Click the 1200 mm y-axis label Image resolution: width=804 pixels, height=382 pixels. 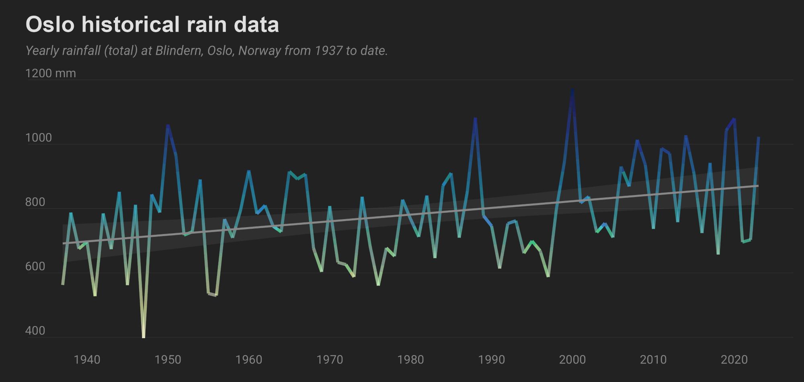(50, 73)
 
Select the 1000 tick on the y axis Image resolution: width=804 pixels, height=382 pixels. (39, 138)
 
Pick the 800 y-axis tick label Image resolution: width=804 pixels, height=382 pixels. (35, 202)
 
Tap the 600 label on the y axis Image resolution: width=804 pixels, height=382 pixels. (35, 267)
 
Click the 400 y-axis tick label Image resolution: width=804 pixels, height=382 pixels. (35, 331)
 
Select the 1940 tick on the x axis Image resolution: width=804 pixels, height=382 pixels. (87, 359)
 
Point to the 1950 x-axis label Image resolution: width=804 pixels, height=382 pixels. (168, 359)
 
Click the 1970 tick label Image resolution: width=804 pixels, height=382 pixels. (330, 359)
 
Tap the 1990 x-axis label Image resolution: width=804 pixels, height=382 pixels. (492, 359)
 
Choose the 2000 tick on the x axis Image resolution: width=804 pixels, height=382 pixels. (572, 359)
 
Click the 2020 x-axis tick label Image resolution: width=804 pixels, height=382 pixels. (734, 359)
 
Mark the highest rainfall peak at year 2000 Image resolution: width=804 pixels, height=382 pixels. (572, 90)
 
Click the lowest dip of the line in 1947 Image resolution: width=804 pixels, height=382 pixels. (144, 337)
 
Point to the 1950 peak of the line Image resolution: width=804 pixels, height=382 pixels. (168, 126)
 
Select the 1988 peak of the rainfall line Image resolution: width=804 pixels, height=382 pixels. (475, 119)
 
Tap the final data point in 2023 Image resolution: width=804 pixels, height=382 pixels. (759, 138)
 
